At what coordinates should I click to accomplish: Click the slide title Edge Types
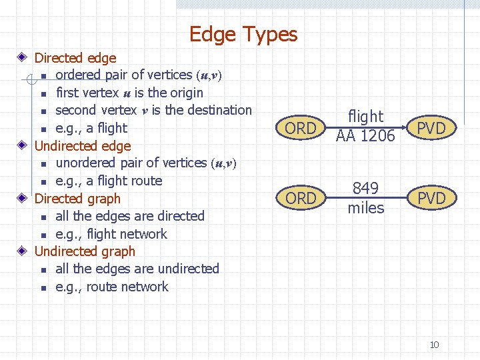(x=243, y=33)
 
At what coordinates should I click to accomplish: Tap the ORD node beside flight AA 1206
(x=301, y=128)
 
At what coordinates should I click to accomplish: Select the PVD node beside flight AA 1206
(x=431, y=128)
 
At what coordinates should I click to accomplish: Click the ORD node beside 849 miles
(x=301, y=198)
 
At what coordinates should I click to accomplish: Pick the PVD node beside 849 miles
(x=431, y=198)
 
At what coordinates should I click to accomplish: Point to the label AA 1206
(x=365, y=136)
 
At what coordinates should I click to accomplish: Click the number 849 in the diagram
(x=365, y=189)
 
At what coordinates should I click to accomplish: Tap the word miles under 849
(x=365, y=208)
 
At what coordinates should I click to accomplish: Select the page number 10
(x=434, y=345)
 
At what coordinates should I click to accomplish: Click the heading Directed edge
(x=75, y=58)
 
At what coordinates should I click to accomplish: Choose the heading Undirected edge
(x=82, y=145)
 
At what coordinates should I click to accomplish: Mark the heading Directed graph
(x=77, y=199)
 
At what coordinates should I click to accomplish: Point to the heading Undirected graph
(x=85, y=251)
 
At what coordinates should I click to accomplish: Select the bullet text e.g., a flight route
(x=109, y=181)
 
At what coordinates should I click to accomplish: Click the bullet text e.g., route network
(x=112, y=287)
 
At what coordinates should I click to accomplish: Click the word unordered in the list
(x=85, y=163)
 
